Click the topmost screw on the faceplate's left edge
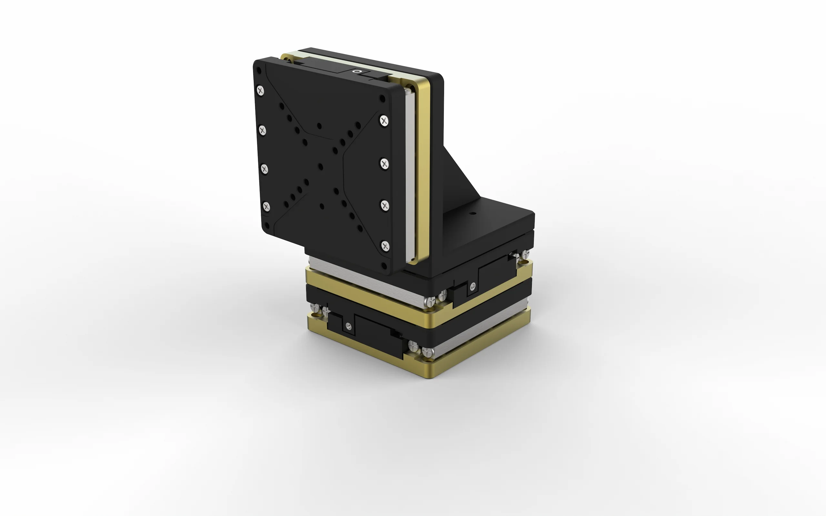[260, 91]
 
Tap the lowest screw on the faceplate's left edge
[267, 206]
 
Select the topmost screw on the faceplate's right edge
[384, 120]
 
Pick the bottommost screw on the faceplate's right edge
[385, 246]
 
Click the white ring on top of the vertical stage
[357, 71]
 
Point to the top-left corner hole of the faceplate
[258, 71]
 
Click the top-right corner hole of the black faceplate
[383, 99]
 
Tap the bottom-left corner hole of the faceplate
[267, 226]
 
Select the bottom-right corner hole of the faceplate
[384, 266]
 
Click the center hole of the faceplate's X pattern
[320, 167]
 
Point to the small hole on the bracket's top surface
[473, 214]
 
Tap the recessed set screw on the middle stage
[473, 286]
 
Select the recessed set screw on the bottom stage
[348, 326]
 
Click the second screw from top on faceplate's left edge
[262, 130]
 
